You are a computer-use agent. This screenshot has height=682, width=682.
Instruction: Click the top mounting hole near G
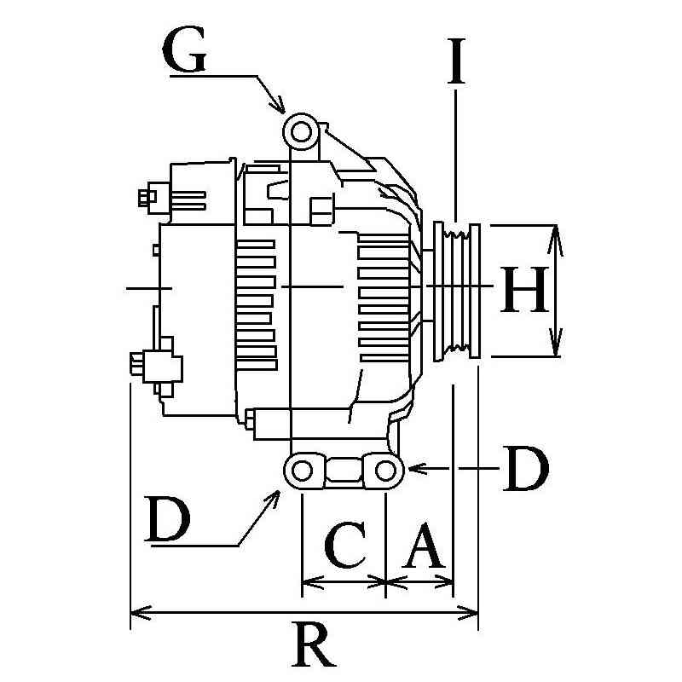pos(300,131)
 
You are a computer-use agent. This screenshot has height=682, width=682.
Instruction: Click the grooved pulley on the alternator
pos(458,290)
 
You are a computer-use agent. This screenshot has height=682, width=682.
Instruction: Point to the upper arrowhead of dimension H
pos(554,234)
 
